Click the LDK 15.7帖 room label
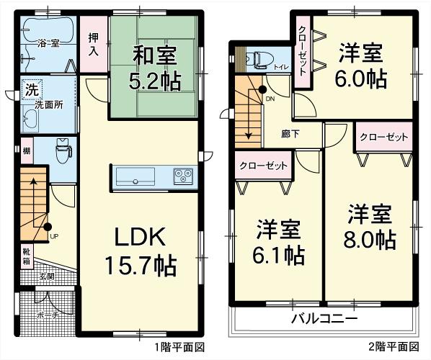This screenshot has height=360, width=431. (142, 251)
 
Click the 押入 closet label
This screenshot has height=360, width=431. (94, 45)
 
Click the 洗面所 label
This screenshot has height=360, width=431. (50, 105)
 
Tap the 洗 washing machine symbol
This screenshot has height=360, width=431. (32, 91)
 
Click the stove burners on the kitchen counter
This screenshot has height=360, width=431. (182, 175)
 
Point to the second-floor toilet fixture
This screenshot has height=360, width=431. (261, 58)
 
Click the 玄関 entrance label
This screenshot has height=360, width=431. (46, 276)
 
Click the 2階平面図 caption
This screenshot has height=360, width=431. (393, 346)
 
